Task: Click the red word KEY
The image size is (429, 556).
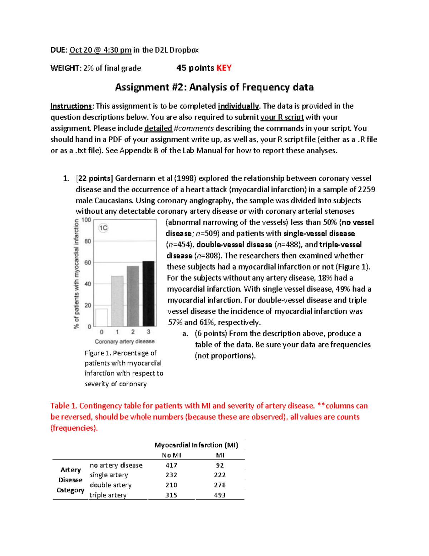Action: point(224,68)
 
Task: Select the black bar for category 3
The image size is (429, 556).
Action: point(148,294)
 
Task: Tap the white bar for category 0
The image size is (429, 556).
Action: point(102,317)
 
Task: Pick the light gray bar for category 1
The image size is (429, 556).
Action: point(117,301)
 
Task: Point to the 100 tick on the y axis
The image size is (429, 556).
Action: point(87,220)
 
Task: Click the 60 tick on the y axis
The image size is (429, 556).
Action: point(88,262)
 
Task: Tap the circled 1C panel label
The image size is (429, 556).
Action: point(103,228)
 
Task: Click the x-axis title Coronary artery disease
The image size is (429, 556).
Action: point(124,342)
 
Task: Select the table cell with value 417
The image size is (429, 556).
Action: point(171,465)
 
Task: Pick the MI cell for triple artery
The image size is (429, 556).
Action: point(220,495)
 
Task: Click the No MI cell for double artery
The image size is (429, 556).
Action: point(171,485)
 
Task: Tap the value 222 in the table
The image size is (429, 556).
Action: point(220,475)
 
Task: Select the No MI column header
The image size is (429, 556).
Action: point(171,455)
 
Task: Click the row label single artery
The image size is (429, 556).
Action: point(109,475)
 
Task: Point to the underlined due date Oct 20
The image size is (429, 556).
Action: point(100,50)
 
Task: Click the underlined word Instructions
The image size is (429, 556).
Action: point(71,106)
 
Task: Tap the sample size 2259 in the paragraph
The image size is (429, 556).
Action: point(366,189)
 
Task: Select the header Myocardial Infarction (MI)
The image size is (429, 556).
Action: point(196,445)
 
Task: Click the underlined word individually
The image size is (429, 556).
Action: point(238,106)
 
